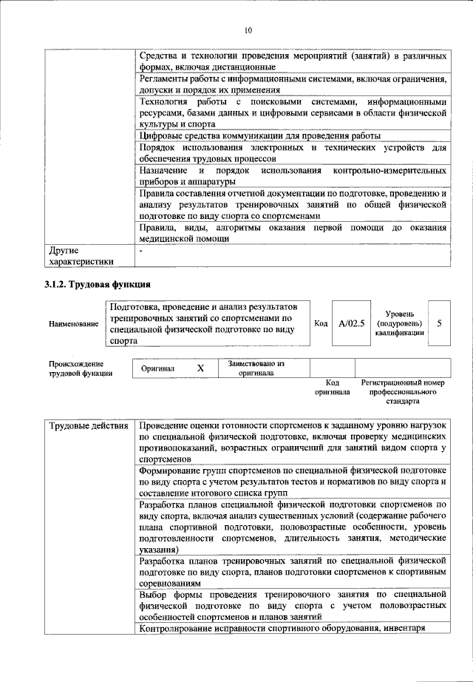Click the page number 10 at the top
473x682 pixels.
coord(248,30)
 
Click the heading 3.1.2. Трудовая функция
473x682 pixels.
coord(97,284)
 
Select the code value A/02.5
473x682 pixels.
coord(351,323)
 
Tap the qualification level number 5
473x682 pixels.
coord(439,323)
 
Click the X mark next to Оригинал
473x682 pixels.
coord(200,368)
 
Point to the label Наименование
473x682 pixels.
coord(73,324)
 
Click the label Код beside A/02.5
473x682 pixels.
coord(321,323)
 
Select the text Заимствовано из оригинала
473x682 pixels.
coord(256,368)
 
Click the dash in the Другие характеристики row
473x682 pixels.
coord(141,251)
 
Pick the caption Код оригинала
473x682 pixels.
coord(332,387)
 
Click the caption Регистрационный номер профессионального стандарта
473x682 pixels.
coord(403,391)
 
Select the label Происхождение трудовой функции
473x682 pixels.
coord(81,368)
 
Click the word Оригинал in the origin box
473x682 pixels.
coord(157,368)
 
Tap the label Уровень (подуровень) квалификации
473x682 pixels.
coord(399,323)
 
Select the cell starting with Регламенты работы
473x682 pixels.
coord(293,84)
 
